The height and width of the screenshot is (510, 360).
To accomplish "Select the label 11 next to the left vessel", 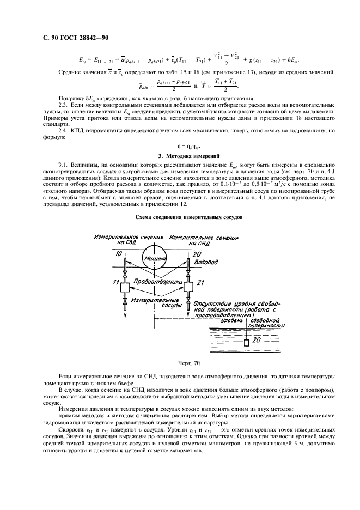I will [115, 282].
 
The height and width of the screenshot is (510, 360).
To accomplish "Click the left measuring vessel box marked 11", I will [126, 284].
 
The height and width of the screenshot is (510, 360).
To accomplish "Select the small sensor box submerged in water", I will [247, 343].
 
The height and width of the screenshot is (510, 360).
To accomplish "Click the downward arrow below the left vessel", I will [126, 313].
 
